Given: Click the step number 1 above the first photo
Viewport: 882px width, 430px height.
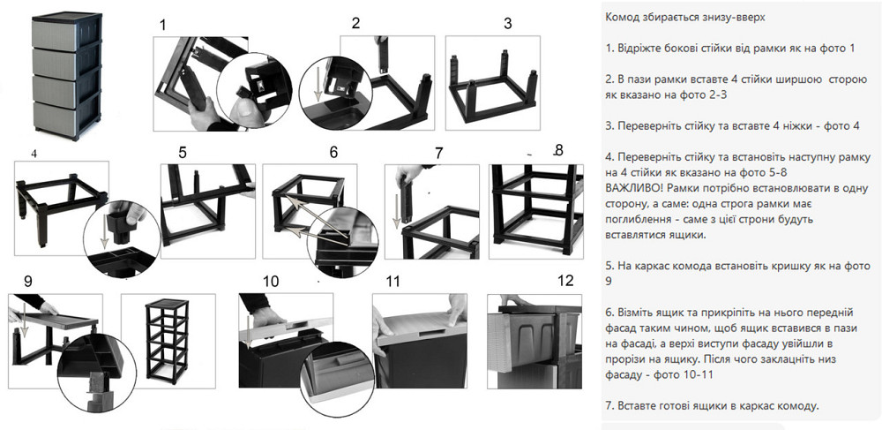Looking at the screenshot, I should pos(162,25).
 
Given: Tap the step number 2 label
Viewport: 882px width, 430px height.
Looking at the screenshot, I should pos(355,23).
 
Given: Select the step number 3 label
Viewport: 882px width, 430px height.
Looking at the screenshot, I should pos(507,24).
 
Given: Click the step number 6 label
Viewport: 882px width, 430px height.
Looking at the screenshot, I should pos(333,152).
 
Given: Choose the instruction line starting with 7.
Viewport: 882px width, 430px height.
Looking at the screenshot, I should pos(712,405).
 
